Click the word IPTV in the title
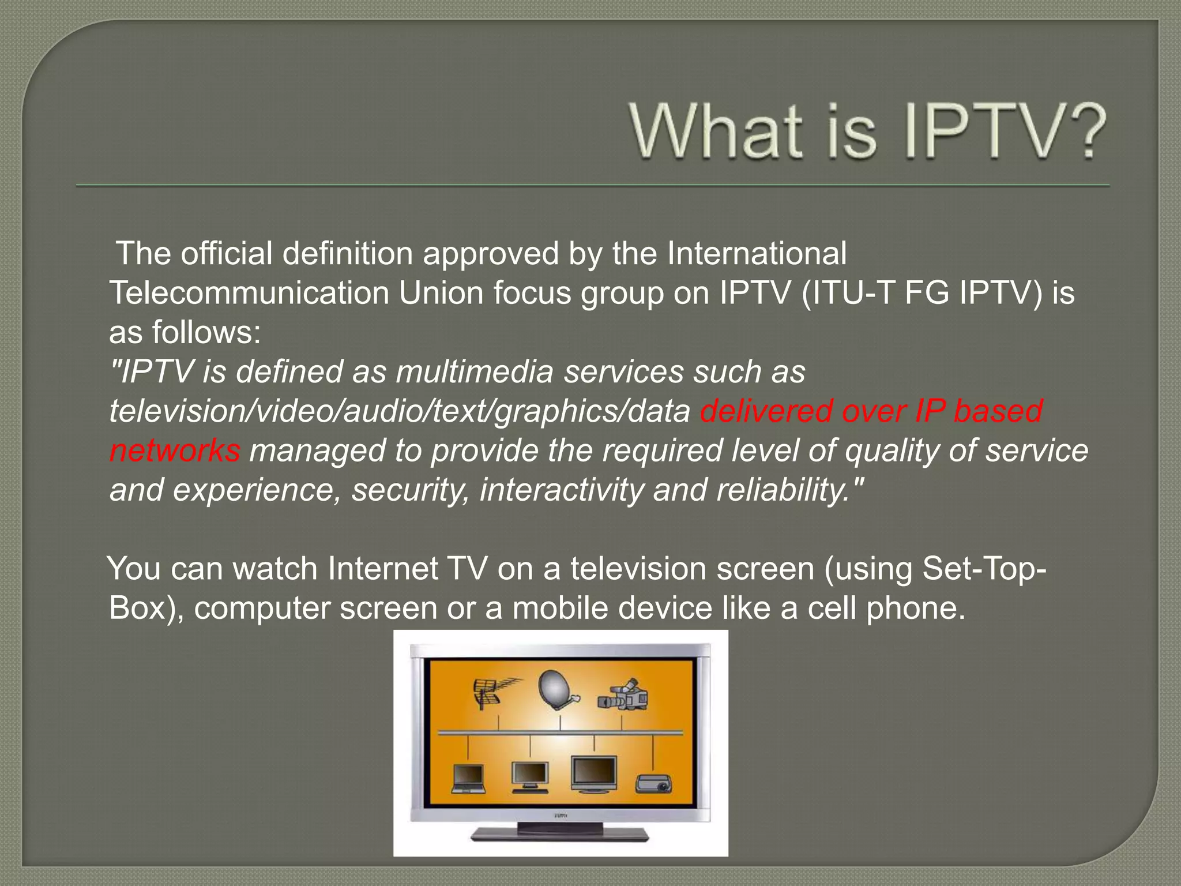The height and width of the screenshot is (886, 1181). point(980,132)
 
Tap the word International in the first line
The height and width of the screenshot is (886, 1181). point(757,254)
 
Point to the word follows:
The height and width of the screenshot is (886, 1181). point(206,333)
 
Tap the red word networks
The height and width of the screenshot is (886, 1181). point(175,450)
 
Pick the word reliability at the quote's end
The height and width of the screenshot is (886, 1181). point(784,490)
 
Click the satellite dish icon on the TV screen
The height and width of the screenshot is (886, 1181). point(557,692)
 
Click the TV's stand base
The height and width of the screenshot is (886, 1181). point(559,834)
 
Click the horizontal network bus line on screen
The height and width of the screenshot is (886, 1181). point(559,733)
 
